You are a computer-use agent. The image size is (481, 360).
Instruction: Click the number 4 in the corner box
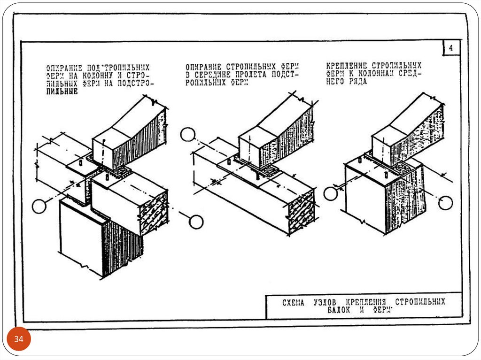(x=450, y=48)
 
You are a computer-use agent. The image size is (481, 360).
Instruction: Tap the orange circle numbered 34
(x=19, y=339)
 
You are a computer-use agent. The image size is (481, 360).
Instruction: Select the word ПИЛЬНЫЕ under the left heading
(x=62, y=92)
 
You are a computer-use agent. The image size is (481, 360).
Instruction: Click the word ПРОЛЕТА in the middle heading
(x=250, y=75)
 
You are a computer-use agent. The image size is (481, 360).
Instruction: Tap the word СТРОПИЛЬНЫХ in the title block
(x=419, y=302)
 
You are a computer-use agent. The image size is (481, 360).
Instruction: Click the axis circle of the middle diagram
(x=187, y=135)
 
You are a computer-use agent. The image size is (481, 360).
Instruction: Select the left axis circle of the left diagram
(x=40, y=206)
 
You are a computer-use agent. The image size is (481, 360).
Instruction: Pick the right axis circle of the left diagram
(x=196, y=221)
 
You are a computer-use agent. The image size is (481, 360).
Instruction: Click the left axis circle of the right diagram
(x=331, y=193)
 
